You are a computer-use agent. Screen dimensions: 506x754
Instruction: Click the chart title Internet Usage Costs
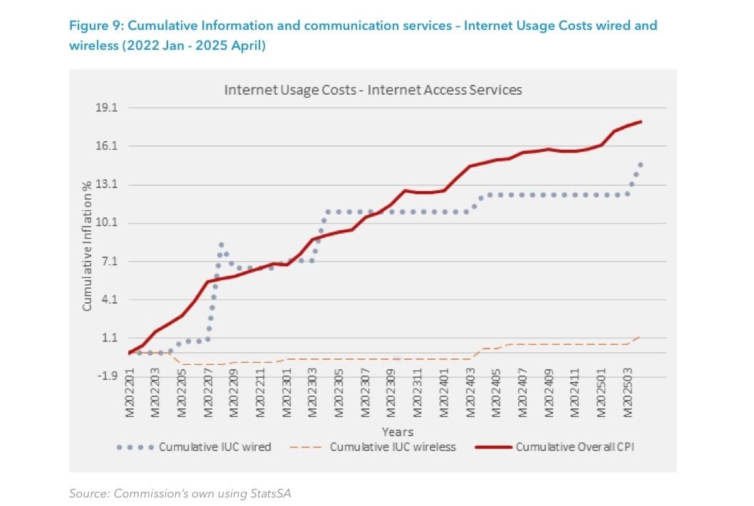tap(373, 91)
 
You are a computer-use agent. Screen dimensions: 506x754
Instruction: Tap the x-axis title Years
tap(397, 432)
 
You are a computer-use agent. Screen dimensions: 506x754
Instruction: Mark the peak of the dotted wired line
tap(221, 245)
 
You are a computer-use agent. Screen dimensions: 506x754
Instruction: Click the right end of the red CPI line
tap(641, 122)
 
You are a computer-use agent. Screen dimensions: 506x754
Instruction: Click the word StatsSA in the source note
tap(271, 493)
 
